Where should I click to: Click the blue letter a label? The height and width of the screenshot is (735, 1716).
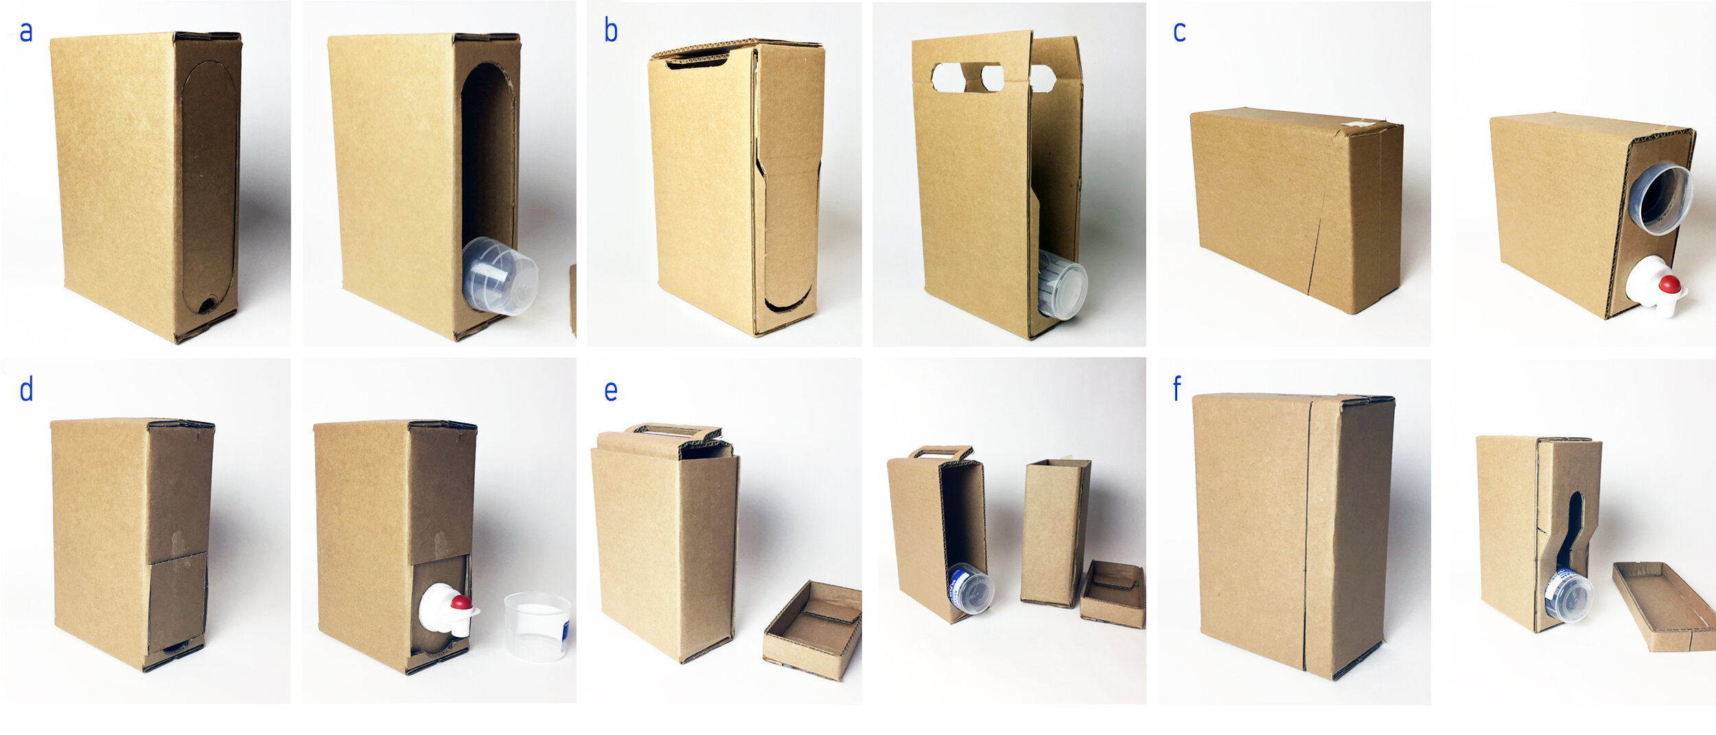click(26, 32)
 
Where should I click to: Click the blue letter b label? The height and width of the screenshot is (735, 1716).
click(610, 31)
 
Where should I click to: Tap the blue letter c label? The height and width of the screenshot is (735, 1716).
click(1179, 32)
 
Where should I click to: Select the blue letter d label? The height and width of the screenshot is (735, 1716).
click(26, 389)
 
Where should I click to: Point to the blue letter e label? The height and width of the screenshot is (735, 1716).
click(610, 391)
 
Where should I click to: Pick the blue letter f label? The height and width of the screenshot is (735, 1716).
click(1176, 388)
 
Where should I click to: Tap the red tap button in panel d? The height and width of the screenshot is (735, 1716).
click(461, 603)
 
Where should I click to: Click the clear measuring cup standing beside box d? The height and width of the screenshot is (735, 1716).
click(537, 627)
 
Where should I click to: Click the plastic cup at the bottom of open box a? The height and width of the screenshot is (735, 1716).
click(500, 276)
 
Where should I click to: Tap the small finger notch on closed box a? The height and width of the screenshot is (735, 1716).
click(207, 305)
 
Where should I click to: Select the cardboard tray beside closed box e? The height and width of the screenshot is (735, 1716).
click(812, 629)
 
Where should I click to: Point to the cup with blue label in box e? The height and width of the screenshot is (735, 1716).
click(971, 589)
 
